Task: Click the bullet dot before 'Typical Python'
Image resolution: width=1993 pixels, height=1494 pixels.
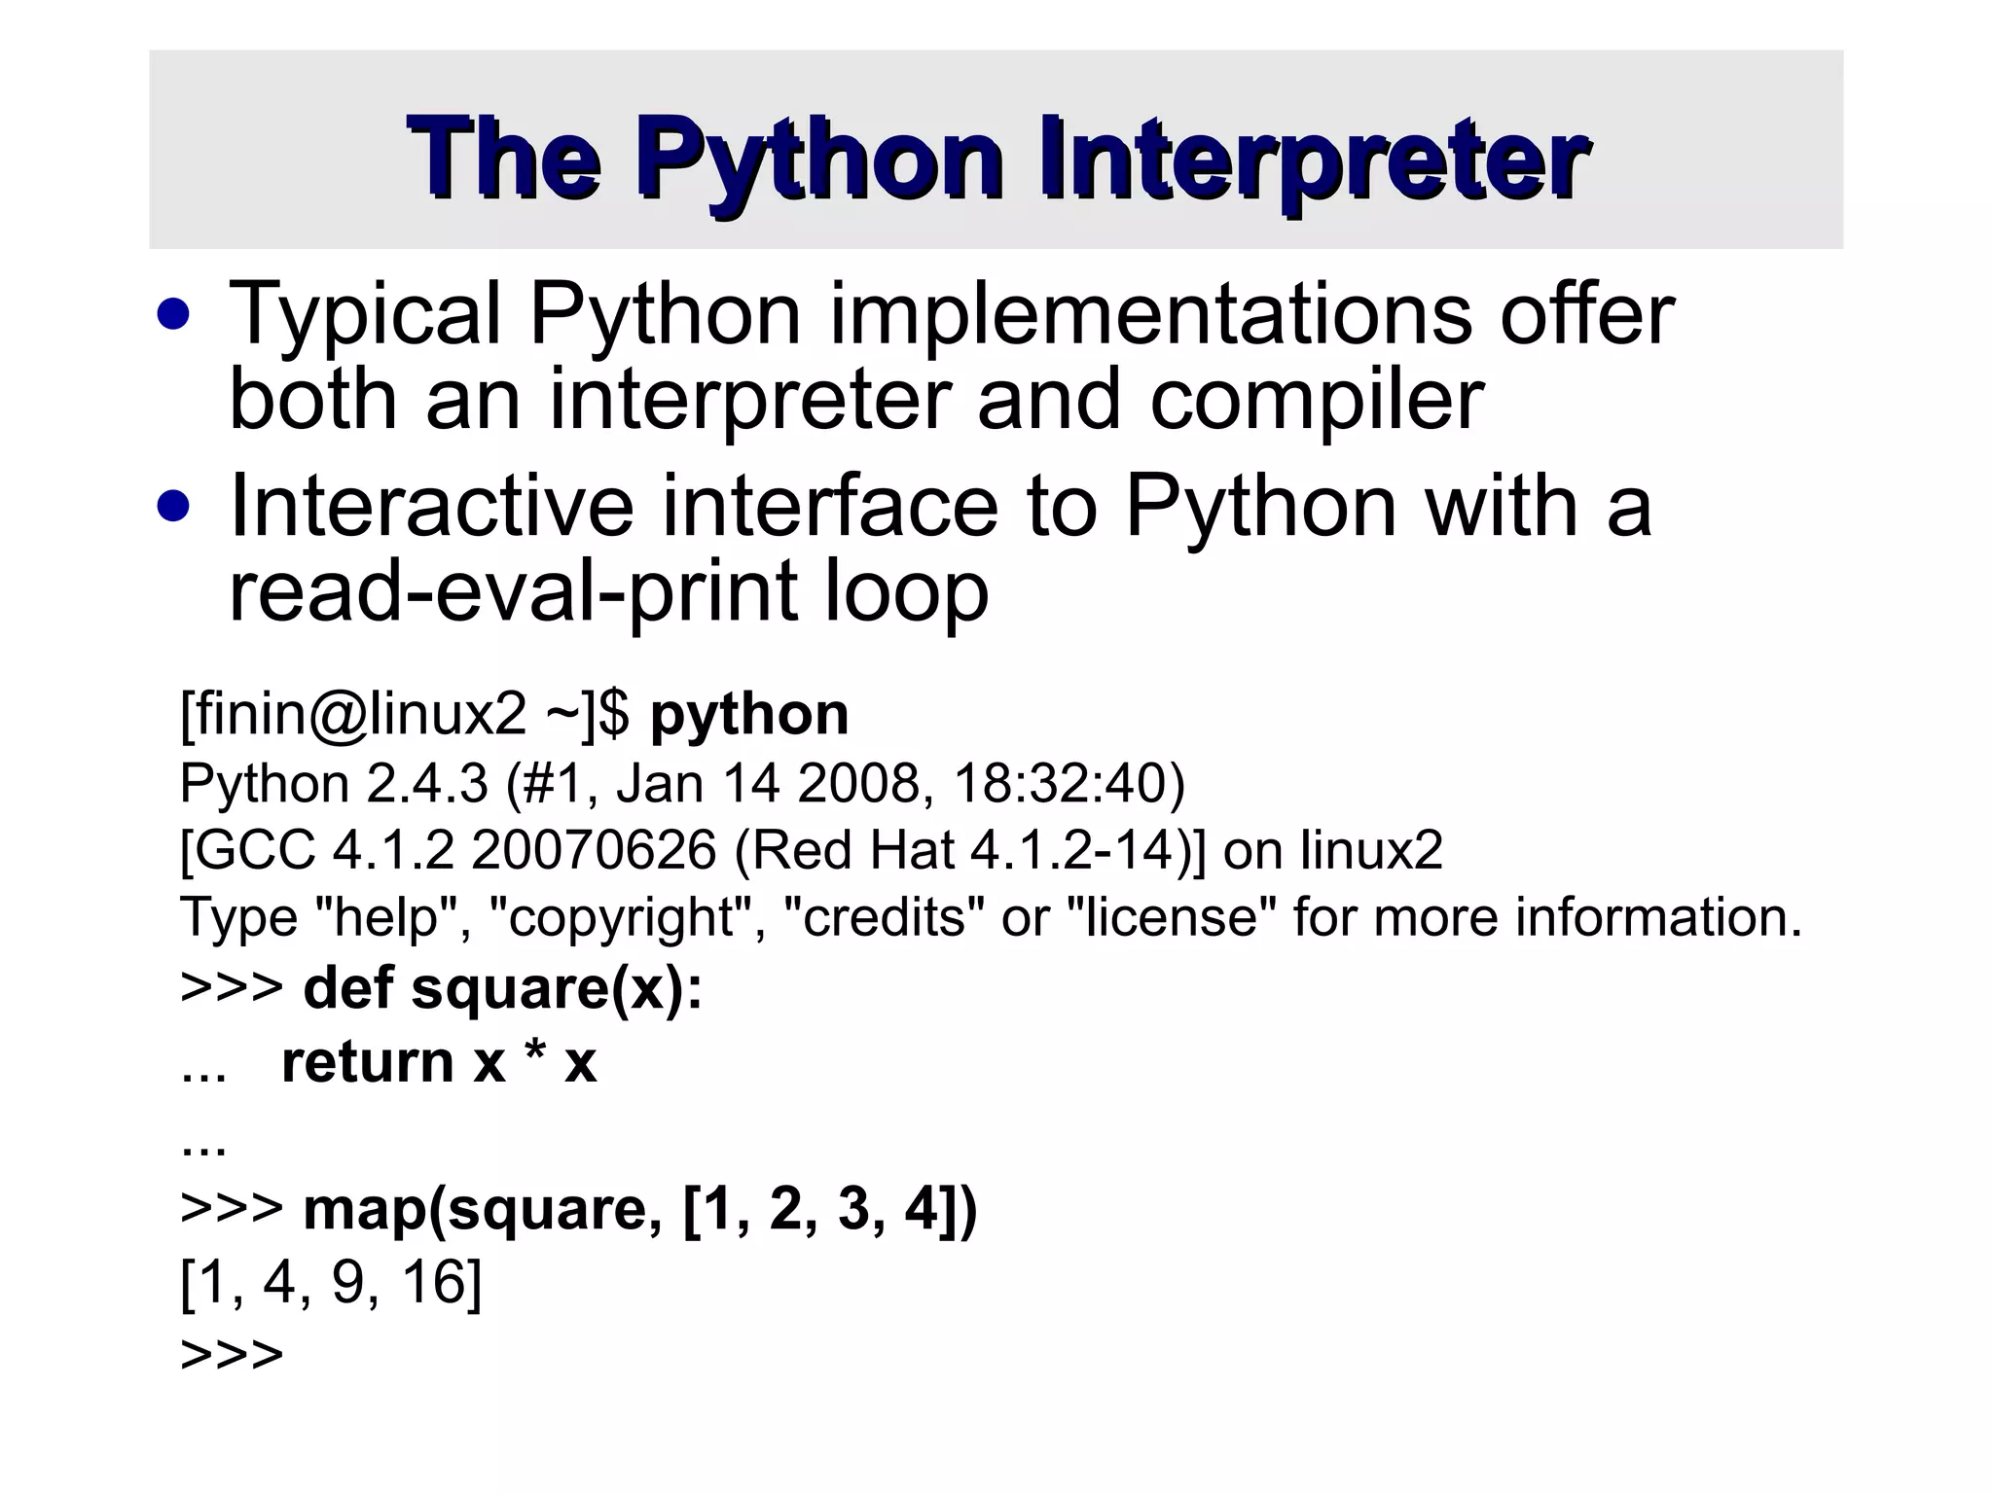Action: click(174, 315)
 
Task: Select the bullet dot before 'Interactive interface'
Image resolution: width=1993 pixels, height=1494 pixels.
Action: click(174, 507)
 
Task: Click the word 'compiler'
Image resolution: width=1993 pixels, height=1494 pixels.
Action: click(1316, 400)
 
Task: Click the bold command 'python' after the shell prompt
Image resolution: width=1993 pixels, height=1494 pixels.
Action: click(749, 715)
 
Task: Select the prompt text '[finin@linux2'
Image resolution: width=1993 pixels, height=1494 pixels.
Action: click(352, 715)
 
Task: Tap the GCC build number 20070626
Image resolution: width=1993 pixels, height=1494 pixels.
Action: click(594, 851)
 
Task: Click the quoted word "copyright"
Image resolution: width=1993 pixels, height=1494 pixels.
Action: click(623, 918)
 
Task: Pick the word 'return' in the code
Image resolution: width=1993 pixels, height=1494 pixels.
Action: click(368, 1061)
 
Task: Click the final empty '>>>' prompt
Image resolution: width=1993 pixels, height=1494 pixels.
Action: click(232, 1355)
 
